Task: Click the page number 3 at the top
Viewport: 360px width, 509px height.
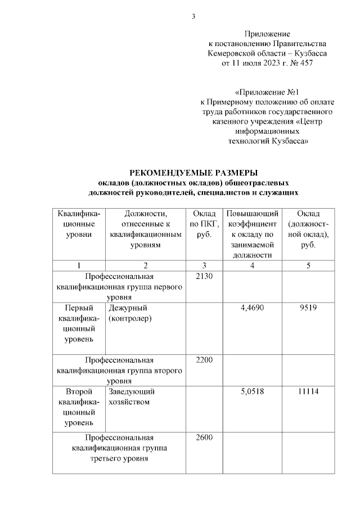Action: coord(193,16)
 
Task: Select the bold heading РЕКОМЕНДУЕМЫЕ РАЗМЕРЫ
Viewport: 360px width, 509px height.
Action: coord(193,173)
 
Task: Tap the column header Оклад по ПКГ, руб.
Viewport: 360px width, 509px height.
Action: coord(204,224)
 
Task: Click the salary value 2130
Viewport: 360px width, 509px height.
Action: coord(204,276)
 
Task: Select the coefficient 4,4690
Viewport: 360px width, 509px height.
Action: coord(251,308)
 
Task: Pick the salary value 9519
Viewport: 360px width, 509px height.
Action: coord(308,308)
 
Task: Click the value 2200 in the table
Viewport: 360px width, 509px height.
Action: coord(204,360)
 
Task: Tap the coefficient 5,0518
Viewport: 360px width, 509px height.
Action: coord(251,391)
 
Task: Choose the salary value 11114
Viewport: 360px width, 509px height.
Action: coord(308,391)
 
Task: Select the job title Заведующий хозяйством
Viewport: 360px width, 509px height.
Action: coord(130,397)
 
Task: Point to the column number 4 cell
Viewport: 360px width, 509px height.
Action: coord(251,265)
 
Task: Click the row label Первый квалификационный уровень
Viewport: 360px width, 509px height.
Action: coord(79,324)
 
